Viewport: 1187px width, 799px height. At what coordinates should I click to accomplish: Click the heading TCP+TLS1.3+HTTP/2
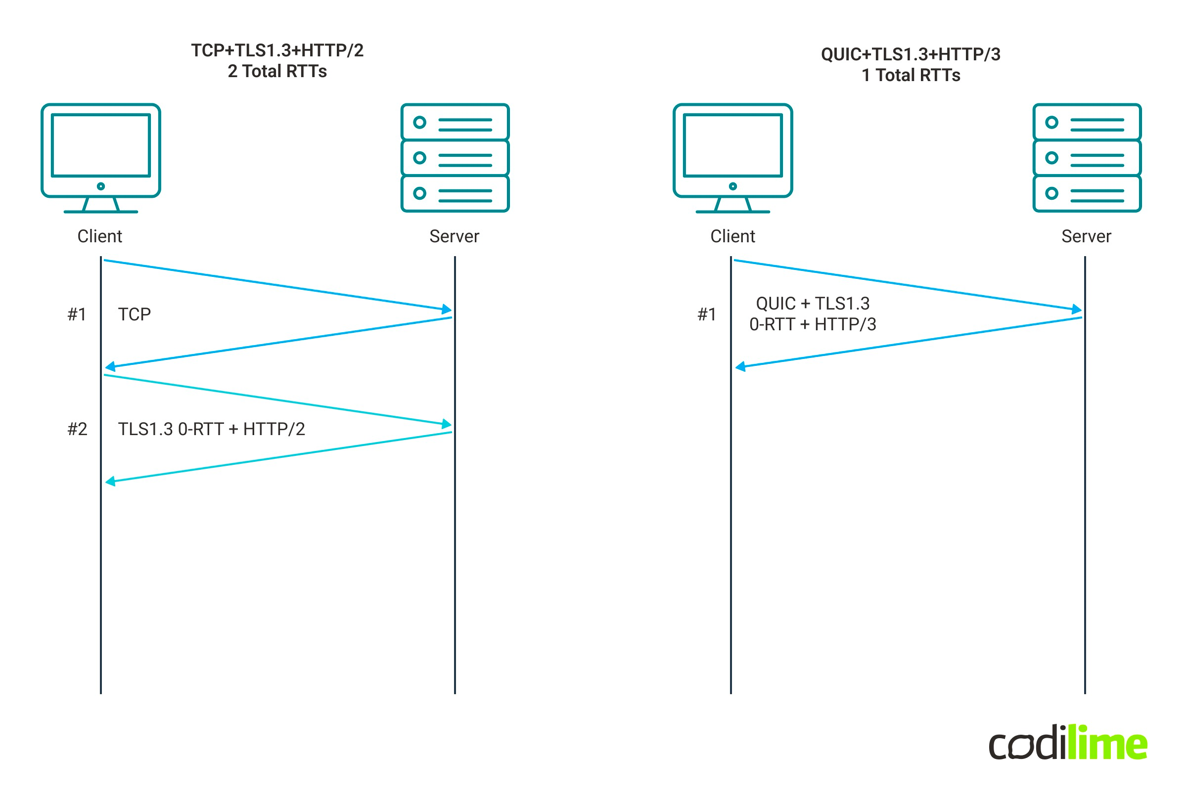277,50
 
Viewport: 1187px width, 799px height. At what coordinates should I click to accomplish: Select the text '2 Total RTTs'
277,71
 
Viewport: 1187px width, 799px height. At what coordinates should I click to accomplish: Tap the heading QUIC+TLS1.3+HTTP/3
910,54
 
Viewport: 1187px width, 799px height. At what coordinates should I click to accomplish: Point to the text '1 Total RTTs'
910,76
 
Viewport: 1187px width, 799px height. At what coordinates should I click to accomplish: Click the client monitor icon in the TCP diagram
101,158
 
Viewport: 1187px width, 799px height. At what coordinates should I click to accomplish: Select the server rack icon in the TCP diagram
455,158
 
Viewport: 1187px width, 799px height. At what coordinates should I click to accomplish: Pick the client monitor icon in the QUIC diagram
732,158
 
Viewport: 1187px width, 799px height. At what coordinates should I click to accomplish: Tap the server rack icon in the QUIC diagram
1087,158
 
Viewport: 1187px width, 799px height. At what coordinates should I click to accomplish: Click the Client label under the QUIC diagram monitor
732,236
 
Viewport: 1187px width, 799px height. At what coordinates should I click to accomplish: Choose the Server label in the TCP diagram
454,236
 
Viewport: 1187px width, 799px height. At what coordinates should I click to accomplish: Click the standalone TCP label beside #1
135,314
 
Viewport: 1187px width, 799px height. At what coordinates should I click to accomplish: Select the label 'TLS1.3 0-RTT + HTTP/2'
212,429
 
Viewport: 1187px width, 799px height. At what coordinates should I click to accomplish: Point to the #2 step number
78,429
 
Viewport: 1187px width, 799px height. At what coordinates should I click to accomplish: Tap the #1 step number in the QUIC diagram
706,314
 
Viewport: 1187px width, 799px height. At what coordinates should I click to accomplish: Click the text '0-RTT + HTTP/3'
813,324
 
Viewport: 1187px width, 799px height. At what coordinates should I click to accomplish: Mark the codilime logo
1068,743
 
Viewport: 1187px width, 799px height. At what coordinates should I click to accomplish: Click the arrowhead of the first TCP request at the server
447,310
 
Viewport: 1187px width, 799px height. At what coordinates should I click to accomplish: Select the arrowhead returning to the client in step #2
110,481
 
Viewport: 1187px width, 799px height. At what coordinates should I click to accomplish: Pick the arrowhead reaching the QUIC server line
1076,310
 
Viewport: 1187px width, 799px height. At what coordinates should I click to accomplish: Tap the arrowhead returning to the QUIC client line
740,366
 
